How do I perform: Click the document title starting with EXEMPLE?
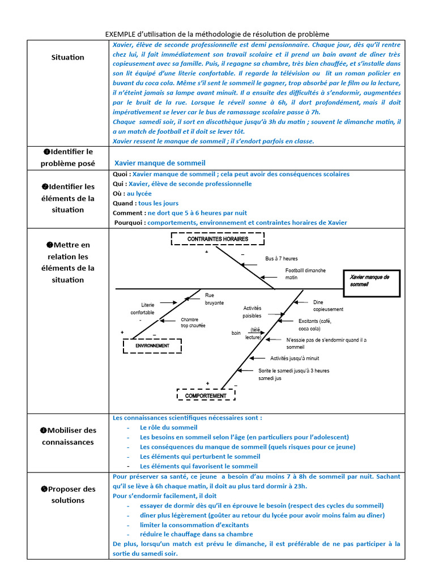[217, 35]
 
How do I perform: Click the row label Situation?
[67, 57]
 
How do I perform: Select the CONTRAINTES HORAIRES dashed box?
[217, 239]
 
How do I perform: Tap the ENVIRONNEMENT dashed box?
[152, 346]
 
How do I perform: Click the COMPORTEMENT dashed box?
[206, 396]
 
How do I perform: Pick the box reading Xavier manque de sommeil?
[371, 281]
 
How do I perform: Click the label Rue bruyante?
[214, 299]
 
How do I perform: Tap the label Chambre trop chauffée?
[193, 322]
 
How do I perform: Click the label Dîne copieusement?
[328, 306]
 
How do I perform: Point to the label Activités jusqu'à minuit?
[295, 358]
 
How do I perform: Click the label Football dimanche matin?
[305, 274]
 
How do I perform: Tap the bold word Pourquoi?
[129, 223]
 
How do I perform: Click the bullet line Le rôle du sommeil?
[168, 428]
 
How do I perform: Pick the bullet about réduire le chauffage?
[196, 534]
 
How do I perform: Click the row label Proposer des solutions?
[67, 494]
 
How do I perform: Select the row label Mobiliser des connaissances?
[67, 436]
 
